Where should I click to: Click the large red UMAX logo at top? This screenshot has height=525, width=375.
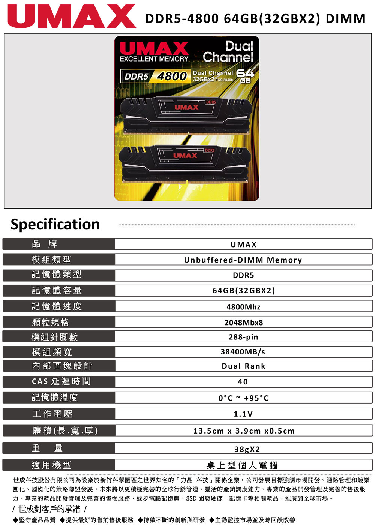(72, 16)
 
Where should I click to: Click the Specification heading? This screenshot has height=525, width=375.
(55, 224)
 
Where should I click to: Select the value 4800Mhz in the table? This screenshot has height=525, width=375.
(243, 307)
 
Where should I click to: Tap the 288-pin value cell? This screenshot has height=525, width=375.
(243, 337)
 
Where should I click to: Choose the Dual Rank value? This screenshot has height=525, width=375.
(243, 366)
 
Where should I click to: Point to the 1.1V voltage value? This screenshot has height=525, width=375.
(243, 414)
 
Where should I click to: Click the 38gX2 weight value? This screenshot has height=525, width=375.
(247, 449)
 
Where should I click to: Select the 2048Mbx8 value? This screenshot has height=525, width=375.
(243, 322)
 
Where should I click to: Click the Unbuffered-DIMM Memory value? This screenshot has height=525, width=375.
(243, 260)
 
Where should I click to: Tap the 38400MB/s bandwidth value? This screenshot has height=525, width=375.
(243, 352)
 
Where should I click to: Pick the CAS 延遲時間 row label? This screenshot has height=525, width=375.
(61, 381)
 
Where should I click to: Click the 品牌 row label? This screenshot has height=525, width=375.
(45, 244)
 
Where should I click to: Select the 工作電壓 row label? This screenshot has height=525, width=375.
(52, 414)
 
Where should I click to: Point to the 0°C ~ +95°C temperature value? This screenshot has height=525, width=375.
(243, 398)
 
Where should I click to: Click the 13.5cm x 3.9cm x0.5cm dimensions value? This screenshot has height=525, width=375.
(244, 431)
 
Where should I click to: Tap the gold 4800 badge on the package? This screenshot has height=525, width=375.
(172, 76)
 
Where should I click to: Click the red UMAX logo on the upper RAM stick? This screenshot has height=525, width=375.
(186, 107)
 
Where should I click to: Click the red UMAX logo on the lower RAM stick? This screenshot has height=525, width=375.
(185, 156)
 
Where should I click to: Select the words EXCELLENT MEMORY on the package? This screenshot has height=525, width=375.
(154, 59)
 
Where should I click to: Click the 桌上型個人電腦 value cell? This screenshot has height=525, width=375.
(243, 465)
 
